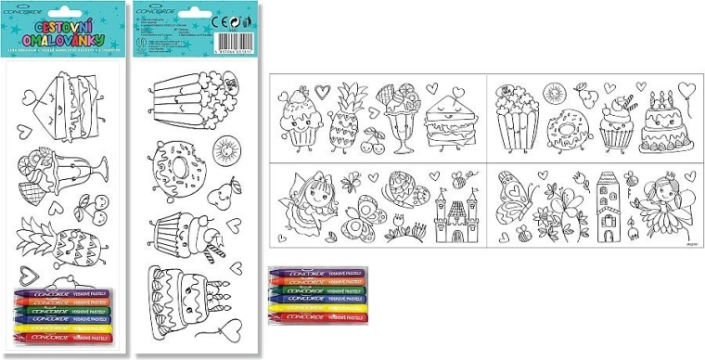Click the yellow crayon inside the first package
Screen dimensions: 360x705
pos(64,327)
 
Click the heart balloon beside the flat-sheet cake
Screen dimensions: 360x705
pos(686,91)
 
